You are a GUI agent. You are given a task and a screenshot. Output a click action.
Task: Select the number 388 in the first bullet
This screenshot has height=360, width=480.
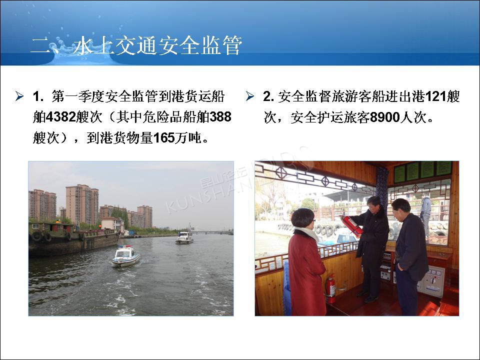[220, 117]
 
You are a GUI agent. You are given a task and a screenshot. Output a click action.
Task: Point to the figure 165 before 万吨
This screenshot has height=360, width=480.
[164, 138]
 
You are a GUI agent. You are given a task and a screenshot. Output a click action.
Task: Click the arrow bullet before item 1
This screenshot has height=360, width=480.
[19, 96]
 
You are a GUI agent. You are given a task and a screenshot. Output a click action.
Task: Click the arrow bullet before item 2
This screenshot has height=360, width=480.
[250, 96]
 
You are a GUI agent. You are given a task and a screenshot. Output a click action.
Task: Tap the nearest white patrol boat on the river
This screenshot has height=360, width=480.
[126, 256]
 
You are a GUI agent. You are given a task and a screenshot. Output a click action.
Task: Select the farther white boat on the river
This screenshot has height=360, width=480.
[184, 238]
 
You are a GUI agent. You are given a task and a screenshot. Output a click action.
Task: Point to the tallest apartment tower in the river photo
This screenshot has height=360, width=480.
[81, 204]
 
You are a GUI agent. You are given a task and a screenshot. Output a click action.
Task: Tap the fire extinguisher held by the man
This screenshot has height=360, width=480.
[352, 226]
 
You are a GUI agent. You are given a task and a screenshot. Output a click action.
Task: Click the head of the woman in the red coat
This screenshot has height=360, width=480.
[303, 218]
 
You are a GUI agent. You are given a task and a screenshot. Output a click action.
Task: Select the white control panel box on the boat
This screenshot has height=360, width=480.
[432, 281]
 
